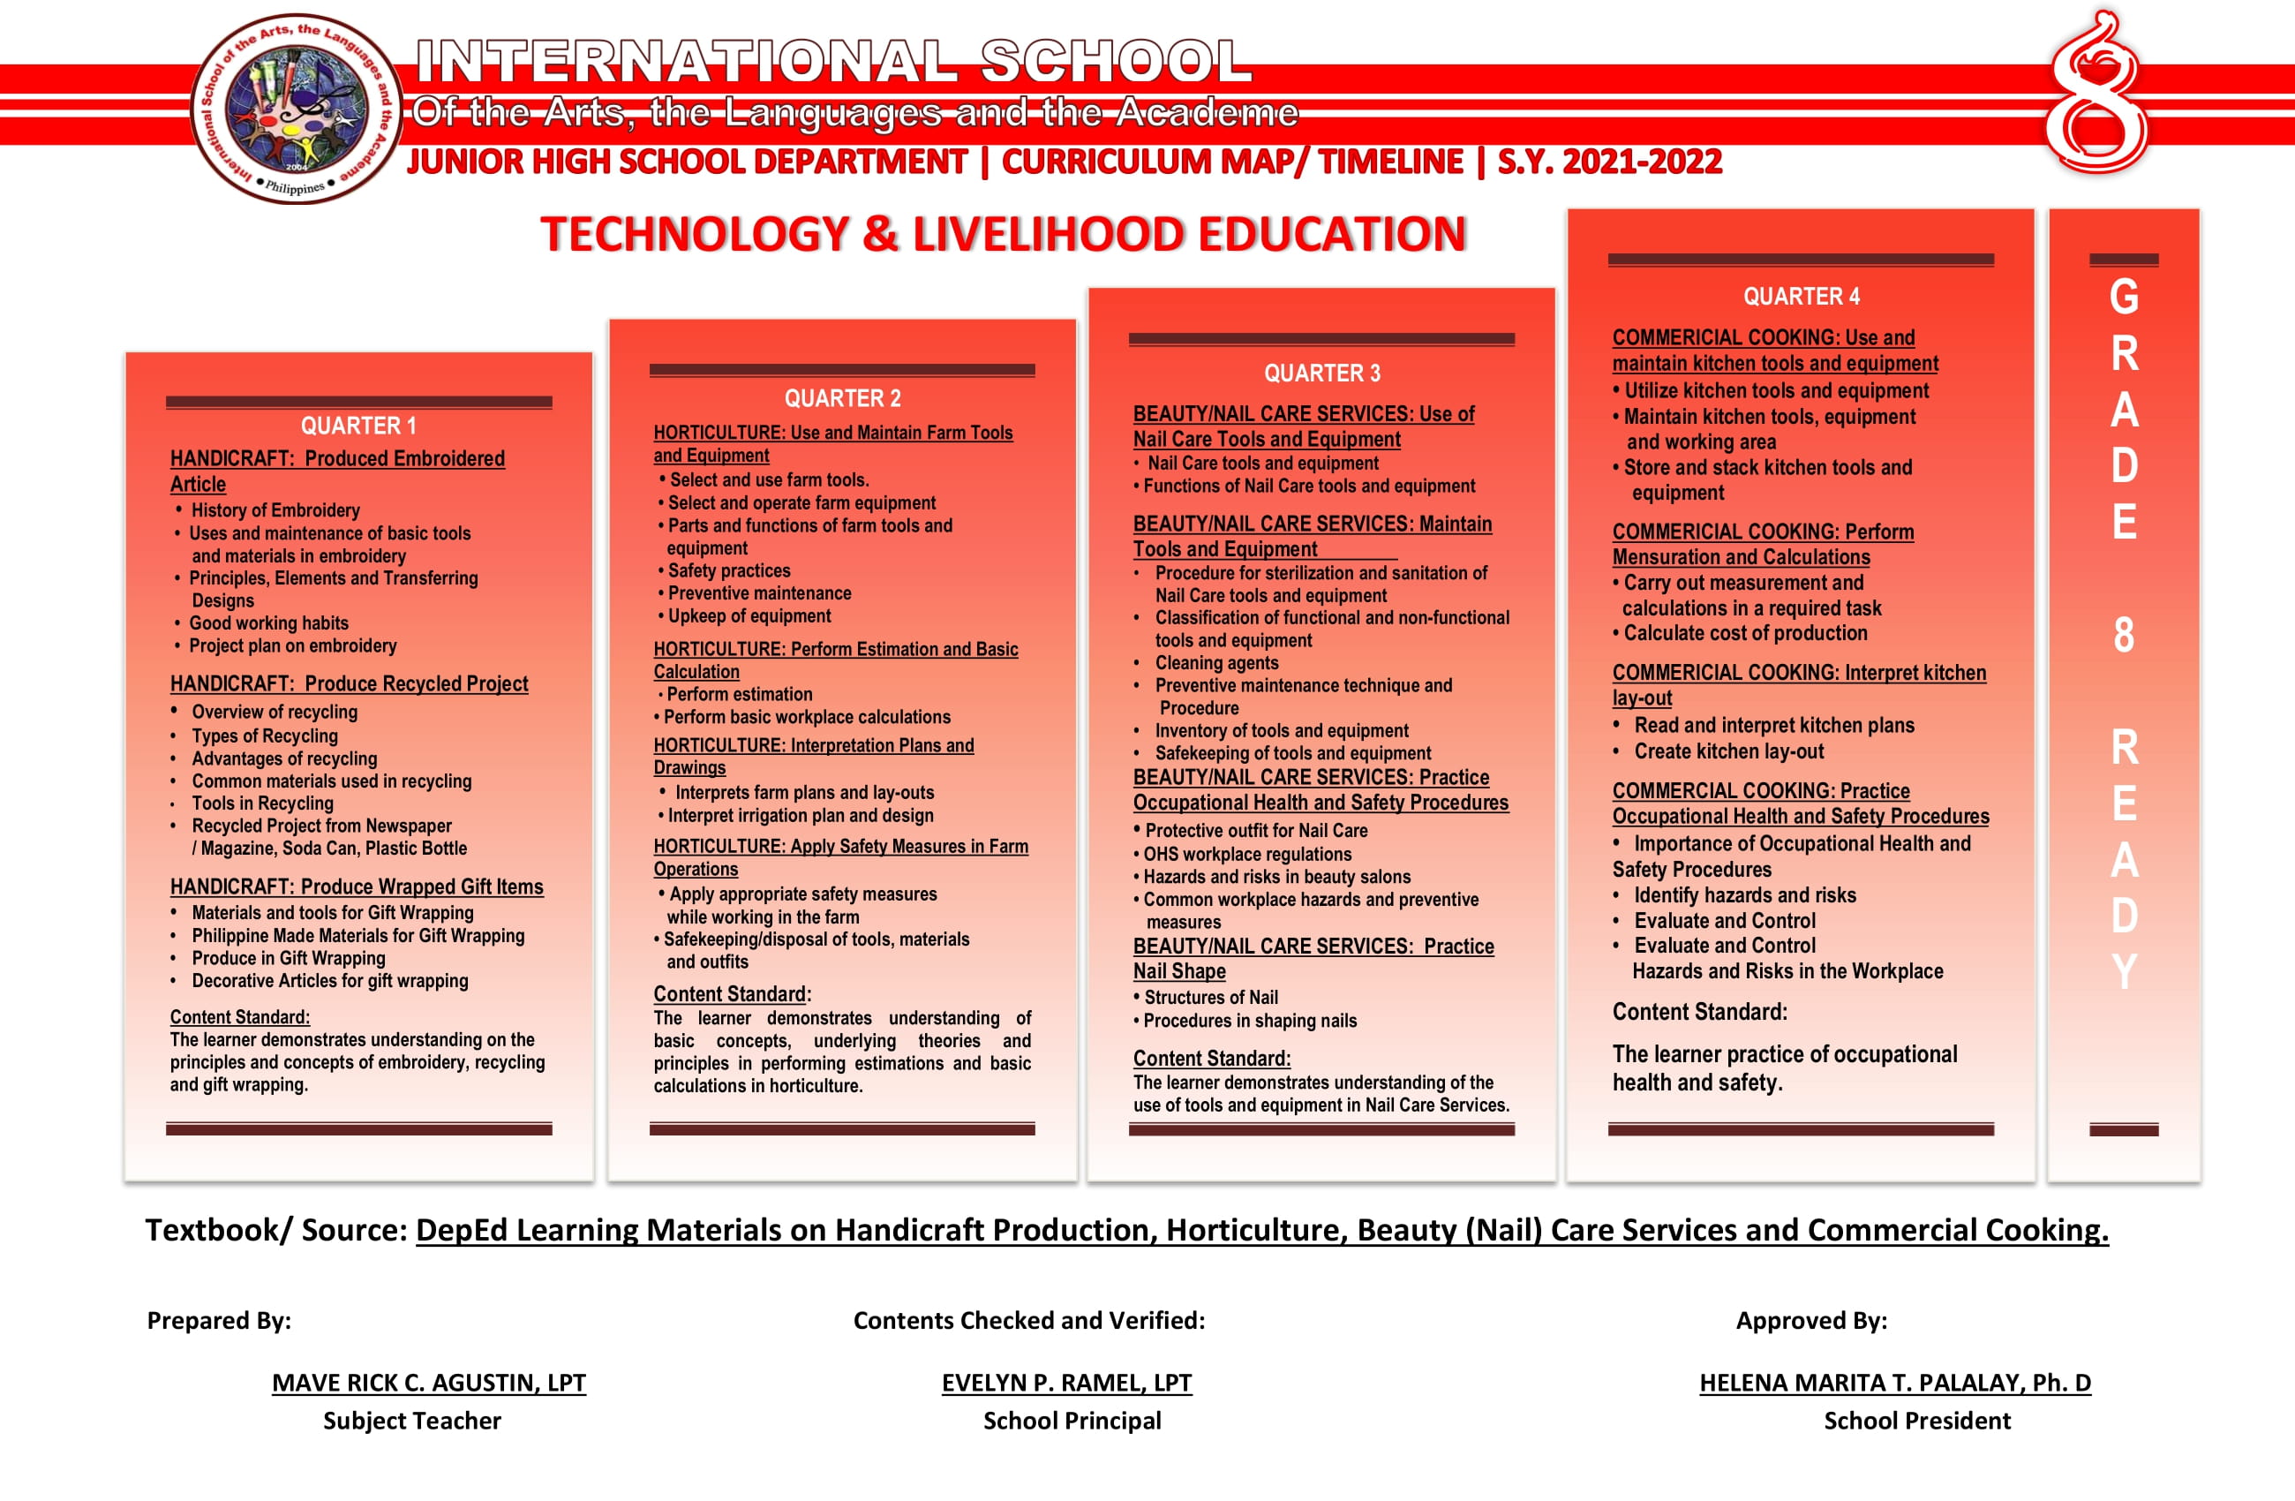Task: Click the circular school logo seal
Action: (296, 108)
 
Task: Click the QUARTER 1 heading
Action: (357, 426)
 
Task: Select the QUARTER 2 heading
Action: (842, 398)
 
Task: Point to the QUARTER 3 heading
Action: (1321, 373)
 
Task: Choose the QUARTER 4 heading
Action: (1801, 296)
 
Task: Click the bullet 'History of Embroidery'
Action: (275, 510)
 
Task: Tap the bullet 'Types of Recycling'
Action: (264, 736)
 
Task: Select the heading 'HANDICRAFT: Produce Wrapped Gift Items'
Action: (356, 886)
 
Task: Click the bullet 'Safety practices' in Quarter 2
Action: (728, 571)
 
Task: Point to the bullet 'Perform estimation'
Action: (739, 695)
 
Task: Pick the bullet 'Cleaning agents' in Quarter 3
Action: (1216, 663)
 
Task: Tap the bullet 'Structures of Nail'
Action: (1210, 998)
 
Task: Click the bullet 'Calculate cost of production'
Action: (1744, 634)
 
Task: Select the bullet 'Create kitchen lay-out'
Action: (1728, 751)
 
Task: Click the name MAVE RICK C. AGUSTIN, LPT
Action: (428, 1383)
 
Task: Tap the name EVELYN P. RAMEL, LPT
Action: (1065, 1383)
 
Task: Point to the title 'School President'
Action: (1916, 1421)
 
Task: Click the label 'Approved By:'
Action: (1811, 1321)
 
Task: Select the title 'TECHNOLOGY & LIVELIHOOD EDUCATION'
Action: (1002, 234)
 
